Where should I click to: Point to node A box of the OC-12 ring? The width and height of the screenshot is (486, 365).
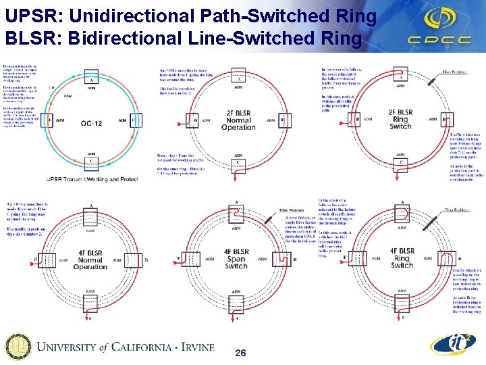click(91, 80)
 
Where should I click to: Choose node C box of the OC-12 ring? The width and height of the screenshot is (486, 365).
click(91, 162)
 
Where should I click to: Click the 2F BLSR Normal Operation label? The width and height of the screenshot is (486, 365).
click(238, 119)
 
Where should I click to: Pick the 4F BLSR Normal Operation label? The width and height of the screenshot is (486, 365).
click(90, 259)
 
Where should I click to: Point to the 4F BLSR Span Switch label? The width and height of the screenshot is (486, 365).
click(237, 259)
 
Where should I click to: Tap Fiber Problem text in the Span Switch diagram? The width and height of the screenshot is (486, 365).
click(290, 211)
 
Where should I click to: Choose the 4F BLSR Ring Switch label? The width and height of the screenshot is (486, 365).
click(402, 259)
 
